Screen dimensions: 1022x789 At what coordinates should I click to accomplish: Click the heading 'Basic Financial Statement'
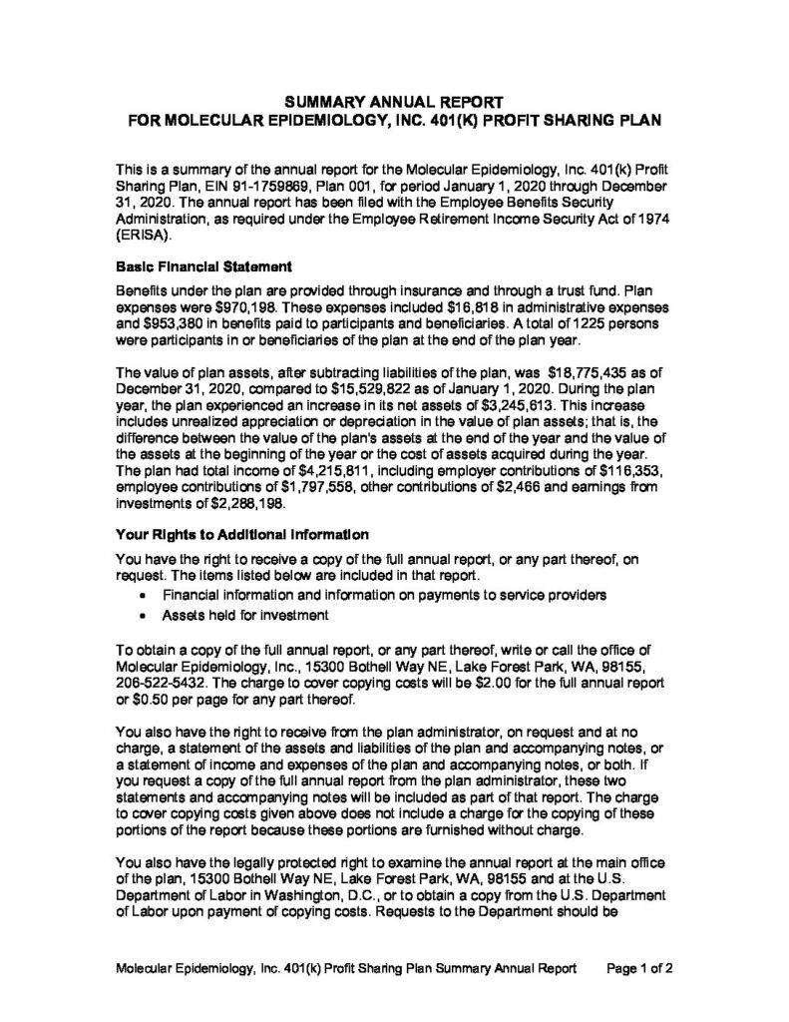click(202, 266)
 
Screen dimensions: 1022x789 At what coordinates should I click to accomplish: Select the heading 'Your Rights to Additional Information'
click(242, 532)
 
